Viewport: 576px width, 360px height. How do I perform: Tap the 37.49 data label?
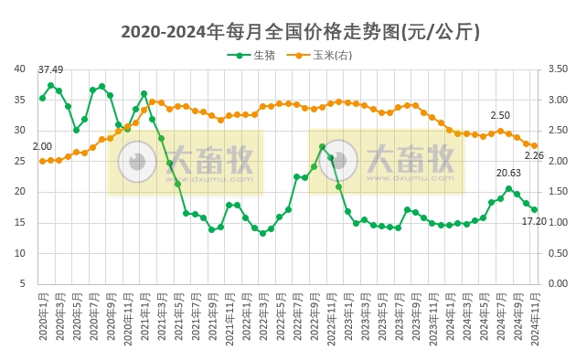tap(50, 70)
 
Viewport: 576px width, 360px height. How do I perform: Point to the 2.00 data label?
tap(42, 146)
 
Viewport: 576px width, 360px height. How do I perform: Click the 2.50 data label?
tap(500, 115)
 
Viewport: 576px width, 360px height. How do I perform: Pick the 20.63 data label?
tap(508, 173)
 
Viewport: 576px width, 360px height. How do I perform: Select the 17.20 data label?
tap(534, 222)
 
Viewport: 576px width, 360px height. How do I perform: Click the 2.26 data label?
tap(534, 156)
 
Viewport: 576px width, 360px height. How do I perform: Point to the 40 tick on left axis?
tap(19, 69)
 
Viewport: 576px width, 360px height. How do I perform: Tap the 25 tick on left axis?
tap(19, 161)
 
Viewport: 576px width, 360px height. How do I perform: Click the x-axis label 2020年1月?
tap(43, 316)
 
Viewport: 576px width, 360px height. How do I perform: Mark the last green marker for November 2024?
tap(535, 209)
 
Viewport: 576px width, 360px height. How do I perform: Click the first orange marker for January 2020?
tap(42, 161)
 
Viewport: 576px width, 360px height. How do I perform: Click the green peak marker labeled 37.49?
tap(51, 85)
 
